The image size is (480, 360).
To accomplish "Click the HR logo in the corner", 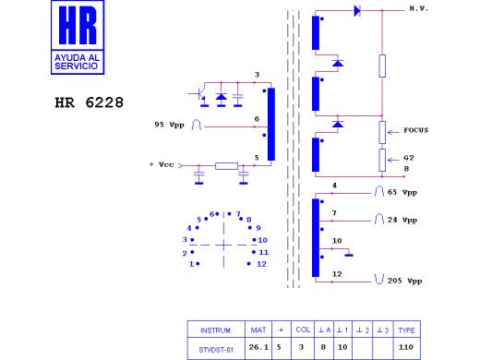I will (80, 37).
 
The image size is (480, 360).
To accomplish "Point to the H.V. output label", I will (419, 8).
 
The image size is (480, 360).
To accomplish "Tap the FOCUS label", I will (415, 131).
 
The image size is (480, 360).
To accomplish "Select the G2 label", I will (408, 157).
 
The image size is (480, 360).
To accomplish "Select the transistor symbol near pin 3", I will (202, 95).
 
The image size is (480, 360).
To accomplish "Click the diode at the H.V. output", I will (356, 11).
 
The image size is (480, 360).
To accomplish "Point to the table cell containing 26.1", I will (258, 348).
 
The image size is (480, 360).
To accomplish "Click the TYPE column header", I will (407, 330).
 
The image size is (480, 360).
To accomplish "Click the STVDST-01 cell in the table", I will (217, 348).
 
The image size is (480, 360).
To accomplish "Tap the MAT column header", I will (258, 330).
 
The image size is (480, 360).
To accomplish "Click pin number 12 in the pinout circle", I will (262, 264).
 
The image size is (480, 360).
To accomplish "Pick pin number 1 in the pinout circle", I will (192, 264).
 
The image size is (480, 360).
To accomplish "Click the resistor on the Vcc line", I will (226, 166).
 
